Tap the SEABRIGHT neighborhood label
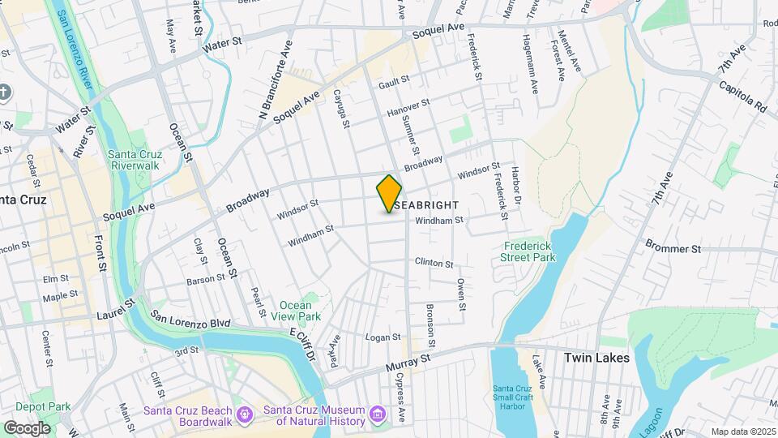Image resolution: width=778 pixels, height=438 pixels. tap(427, 205)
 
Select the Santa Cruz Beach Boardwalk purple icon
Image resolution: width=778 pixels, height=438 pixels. tap(244, 416)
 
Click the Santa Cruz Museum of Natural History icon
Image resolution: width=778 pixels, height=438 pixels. tap(376, 416)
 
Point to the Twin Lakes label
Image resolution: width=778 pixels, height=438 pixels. tap(596, 357)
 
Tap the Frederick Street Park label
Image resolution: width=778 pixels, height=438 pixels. tap(529, 251)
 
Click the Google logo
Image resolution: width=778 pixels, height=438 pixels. tap(27, 427)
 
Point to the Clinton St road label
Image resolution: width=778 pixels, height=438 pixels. tap(434, 262)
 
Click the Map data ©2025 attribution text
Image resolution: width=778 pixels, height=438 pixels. tap(741, 432)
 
